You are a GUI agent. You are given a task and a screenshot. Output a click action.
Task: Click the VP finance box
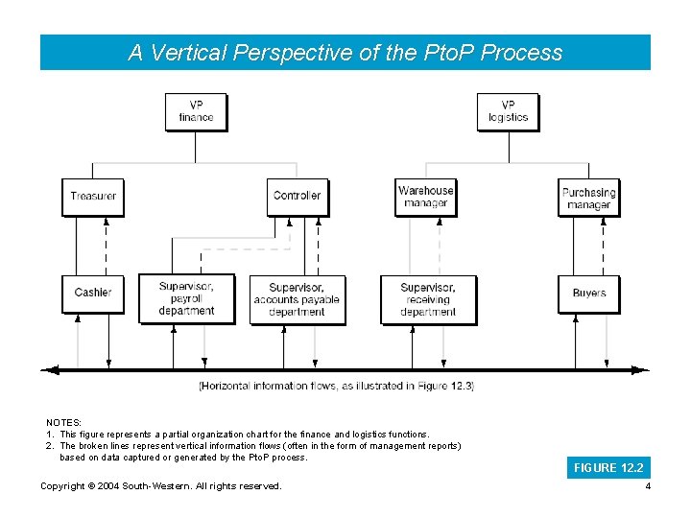click(x=196, y=111)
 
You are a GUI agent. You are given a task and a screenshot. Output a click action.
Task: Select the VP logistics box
click(x=508, y=111)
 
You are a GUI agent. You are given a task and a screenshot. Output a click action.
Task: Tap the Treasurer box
click(x=93, y=197)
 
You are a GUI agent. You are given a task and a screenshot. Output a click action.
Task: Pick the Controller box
click(x=297, y=197)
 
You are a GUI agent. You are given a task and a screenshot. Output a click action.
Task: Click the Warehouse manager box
click(x=425, y=197)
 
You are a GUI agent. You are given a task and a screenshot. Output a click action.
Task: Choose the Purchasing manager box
click(x=588, y=198)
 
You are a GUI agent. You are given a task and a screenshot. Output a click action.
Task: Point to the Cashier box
click(x=93, y=293)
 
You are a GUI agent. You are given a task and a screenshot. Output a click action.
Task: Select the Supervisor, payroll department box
click(x=186, y=298)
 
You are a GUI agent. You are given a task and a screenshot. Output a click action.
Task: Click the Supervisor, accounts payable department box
click(x=297, y=299)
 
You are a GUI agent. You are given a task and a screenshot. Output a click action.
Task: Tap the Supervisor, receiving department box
click(x=428, y=299)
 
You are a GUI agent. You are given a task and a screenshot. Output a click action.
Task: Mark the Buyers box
click(x=588, y=293)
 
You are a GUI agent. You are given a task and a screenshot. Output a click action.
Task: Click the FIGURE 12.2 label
click(x=608, y=468)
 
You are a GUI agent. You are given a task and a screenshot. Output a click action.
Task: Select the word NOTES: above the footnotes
click(x=64, y=422)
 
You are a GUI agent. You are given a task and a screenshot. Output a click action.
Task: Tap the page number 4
click(x=648, y=486)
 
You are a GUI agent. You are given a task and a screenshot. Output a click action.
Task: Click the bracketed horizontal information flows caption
click(x=336, y=386)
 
